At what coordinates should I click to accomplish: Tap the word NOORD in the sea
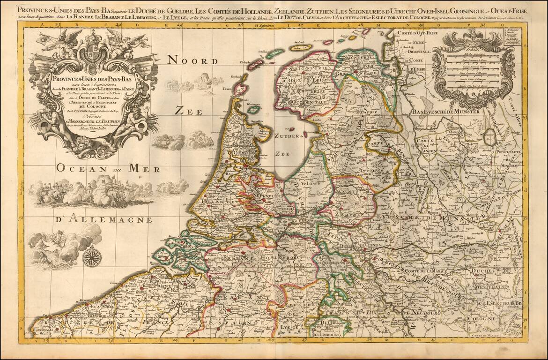pyautogui.click(x=193, y=60)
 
